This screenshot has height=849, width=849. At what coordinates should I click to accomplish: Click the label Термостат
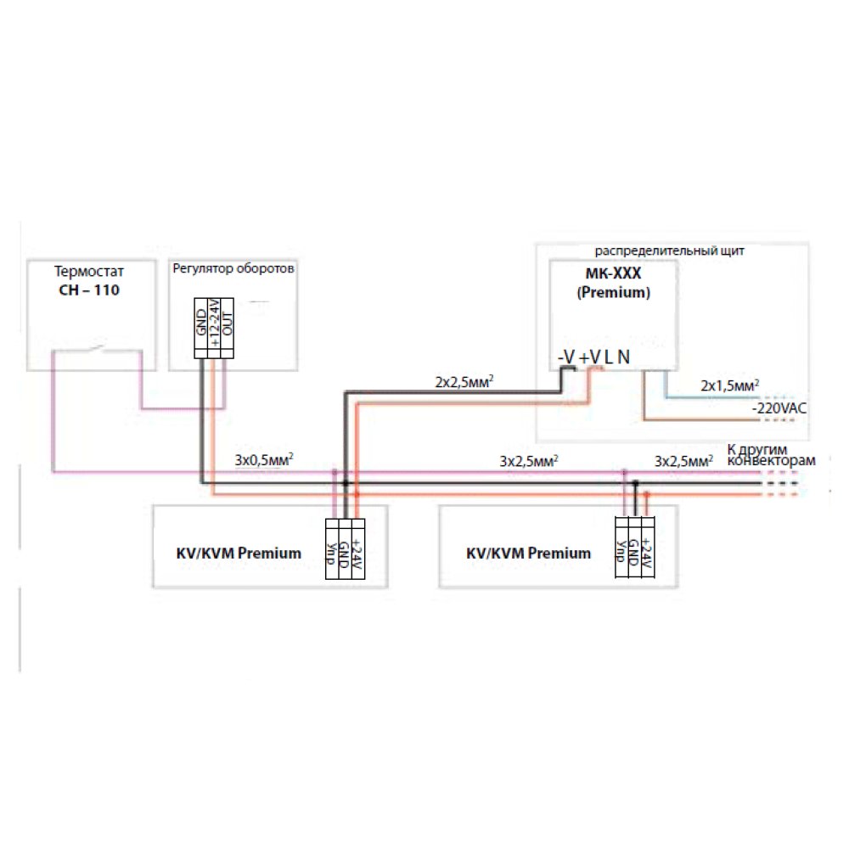point(89,272)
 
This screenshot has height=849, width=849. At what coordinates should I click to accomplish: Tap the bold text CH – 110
point(89,290)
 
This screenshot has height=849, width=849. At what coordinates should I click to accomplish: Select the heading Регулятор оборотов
point(233,268)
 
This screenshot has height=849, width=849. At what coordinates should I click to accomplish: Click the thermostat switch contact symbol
point(97,347)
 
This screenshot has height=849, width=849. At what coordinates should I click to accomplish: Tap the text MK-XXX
point(614,273)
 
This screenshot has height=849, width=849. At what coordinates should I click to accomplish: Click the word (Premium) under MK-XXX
point(614,293)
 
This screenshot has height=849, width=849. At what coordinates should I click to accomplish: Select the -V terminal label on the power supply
point(566,357)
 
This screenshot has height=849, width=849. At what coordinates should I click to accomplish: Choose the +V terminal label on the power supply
point(590,357)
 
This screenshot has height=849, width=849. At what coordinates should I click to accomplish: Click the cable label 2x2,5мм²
point(464,382)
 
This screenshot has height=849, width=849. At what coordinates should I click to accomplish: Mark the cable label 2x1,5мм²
point(730,385)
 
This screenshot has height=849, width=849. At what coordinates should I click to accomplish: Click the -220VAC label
point(779,408)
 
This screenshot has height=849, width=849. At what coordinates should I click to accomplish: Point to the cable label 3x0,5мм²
point(264,459)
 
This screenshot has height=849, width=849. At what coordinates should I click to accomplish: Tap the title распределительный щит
point(669,251)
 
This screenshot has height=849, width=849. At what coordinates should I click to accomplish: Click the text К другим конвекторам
point(771,455)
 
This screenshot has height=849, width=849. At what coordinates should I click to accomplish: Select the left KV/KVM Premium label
point(239,554)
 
